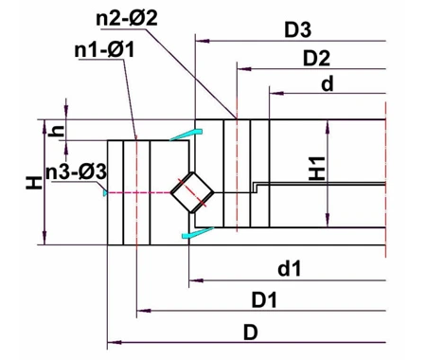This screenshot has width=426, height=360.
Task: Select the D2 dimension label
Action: (x=315, y=59)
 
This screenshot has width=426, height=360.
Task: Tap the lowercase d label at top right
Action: (x=327, y=84)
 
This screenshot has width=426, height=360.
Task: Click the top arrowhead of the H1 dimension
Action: (x=327, y=122)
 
